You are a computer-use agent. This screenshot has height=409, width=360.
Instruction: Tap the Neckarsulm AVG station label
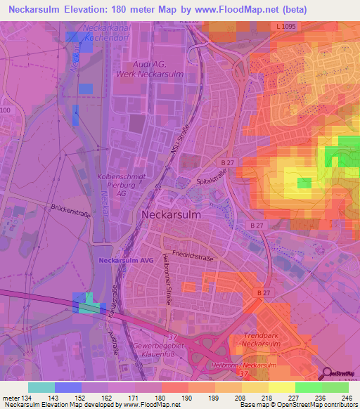(127, 260)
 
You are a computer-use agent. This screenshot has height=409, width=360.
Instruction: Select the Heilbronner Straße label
(169, 278)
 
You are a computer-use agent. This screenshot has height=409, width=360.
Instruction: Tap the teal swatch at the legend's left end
(41, 387)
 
